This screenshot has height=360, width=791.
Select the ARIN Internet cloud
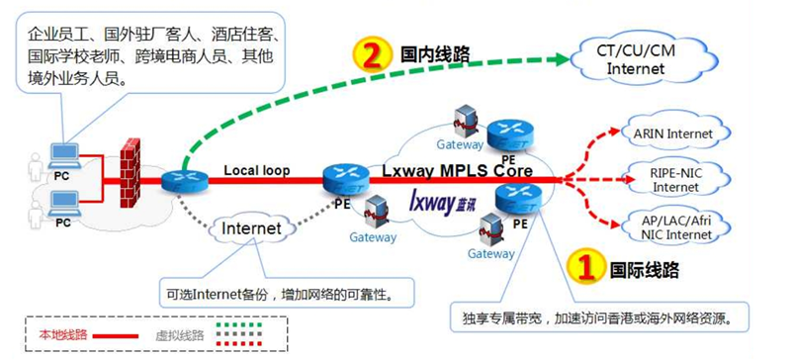[x=675, y=134]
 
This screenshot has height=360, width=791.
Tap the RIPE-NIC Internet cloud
[x=675, y=179]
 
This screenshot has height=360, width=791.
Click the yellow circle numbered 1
[x=585, y=266]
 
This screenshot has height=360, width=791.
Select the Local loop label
[x=256, y=170]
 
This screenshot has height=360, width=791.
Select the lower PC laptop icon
[x=61, y=206]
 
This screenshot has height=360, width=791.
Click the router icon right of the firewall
[x=178, y=179]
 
